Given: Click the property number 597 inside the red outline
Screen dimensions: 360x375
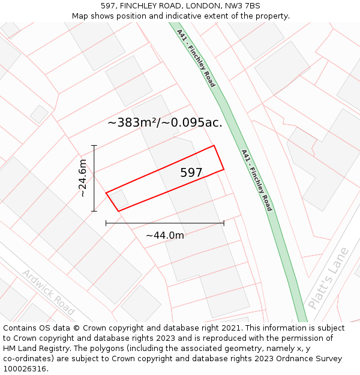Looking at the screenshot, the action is (191, 173).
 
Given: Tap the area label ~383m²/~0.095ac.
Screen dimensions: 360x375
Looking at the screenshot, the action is (165, 123).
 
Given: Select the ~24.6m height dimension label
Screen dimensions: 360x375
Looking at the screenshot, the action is (83, 178).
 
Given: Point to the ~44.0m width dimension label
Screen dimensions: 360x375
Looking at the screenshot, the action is (165, 235).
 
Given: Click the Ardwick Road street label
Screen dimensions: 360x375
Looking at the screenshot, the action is (49, 292).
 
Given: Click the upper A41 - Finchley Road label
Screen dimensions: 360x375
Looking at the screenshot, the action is (196, 58).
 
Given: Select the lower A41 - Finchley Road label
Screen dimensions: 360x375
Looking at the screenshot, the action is (257, 180).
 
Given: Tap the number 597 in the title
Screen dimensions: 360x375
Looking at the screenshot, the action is (108, 6).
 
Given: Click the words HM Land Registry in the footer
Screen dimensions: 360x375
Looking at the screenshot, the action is (35, 348).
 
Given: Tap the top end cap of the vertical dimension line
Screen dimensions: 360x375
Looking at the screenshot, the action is (94, 145).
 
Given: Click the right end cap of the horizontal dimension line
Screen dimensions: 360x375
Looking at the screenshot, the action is (224, 223).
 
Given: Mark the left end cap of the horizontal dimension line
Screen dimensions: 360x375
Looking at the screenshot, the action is (106, 223).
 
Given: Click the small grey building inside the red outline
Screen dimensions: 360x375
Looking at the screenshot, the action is (119, 197).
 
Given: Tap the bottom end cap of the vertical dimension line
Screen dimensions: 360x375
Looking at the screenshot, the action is (94, 211).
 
